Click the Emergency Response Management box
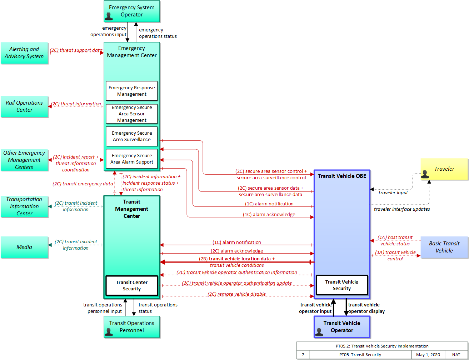[132, 91]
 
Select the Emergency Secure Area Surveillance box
[132, 136]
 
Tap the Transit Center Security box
[132, 285]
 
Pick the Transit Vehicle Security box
[342, 285]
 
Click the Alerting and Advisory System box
[24, 53]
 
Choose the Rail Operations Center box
[24, 106]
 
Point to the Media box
[24, 247]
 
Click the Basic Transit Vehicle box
[444, 247]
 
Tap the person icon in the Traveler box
[425, 174]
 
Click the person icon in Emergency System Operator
[109, 16]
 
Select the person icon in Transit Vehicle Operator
[319, 332]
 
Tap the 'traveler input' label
[393, 192]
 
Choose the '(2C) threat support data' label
[76, 50]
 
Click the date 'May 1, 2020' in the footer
[428, 354]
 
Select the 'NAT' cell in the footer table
[456, 354]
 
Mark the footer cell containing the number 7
[303, 354]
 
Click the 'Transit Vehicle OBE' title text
[342, 176]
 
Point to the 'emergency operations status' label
[158, 33]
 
